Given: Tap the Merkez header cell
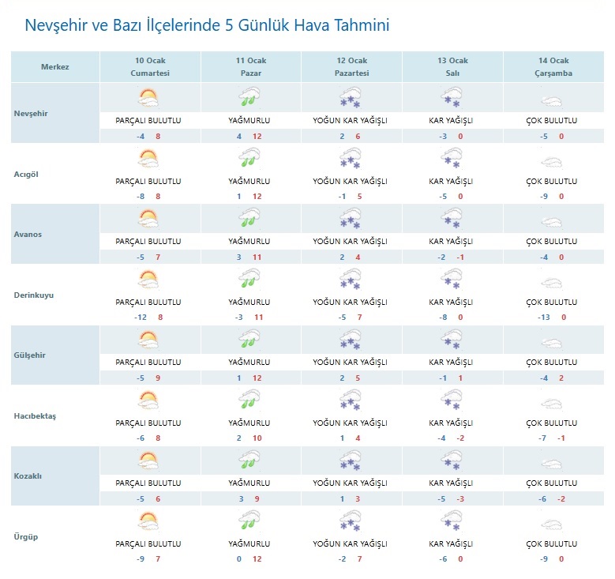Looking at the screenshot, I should (x=55, y=67).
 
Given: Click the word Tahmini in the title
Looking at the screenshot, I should (x=355, y=25).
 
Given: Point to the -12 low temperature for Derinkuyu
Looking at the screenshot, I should (x=141, y=318).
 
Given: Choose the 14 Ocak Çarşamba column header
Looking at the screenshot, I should (x=553, y=67).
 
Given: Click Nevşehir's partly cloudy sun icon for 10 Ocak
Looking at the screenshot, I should (x=148, y=99).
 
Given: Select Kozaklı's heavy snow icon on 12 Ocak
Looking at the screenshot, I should (x=350, y=461).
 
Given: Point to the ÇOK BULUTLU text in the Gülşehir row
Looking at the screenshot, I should (x=552, y=363).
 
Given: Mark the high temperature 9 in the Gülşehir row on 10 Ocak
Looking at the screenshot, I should (x=158, y=378).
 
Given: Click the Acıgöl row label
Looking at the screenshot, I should (x=28, y=175).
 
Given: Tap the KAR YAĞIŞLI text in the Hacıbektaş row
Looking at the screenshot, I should (x=451, y=423).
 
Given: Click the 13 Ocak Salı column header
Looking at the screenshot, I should (x=452, y=67).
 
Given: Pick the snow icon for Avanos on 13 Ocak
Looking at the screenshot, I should (x=451, y=220).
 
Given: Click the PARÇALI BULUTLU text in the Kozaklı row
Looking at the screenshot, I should (x=148, y=483).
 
